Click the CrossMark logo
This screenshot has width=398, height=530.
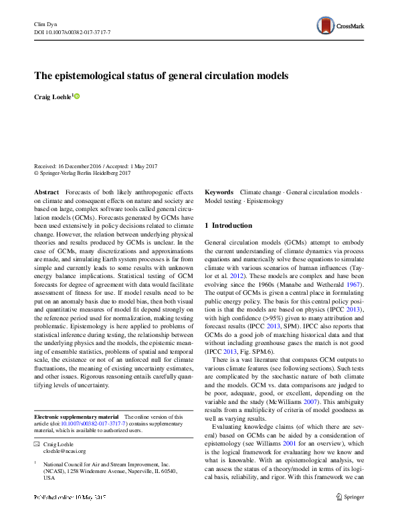[x=340, y=26]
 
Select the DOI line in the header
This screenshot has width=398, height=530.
[x=72, y=32]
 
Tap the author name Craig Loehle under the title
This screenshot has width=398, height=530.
[x=52, y=98]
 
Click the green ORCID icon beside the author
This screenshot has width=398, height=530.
[x=76, y=96]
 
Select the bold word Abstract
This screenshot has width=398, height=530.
[x=45, y=192]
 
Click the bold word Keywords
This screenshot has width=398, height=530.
[x=219, y=192]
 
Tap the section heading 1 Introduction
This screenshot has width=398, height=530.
[x=228, y=226]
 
